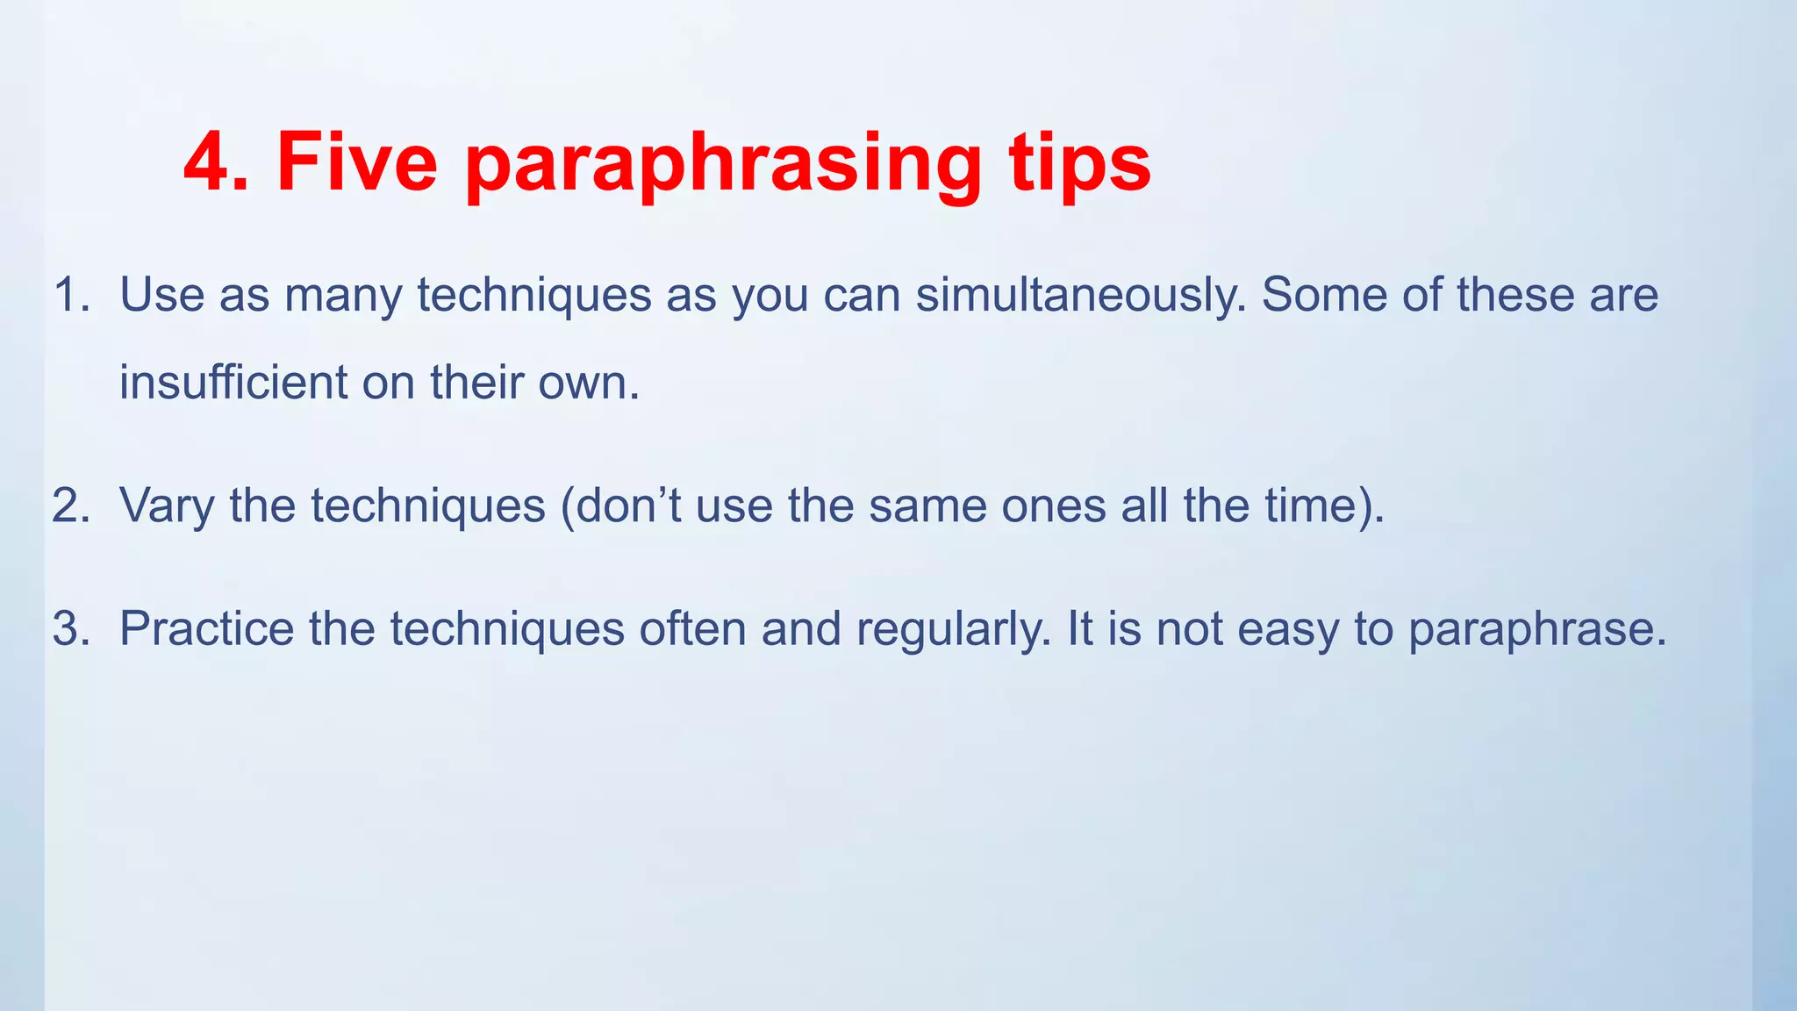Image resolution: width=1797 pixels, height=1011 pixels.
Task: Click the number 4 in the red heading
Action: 208,162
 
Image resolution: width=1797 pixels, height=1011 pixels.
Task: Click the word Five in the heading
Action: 356,162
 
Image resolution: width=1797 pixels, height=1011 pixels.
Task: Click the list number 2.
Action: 68,506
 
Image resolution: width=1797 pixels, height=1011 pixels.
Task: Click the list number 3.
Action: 68,629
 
